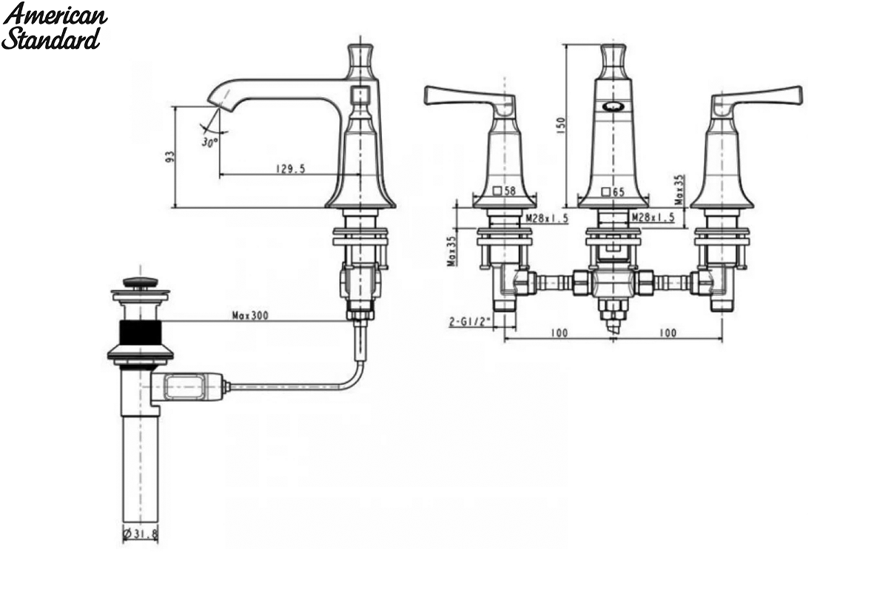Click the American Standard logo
point(54,26)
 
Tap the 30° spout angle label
point(209,142)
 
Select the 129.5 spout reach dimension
point(291,169)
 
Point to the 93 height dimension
point(170,156)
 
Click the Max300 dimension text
point(250,316)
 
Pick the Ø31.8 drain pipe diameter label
point(141,534)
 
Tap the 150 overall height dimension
point(562,125)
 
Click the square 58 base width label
point(504,191)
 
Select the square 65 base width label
point(613,192)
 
